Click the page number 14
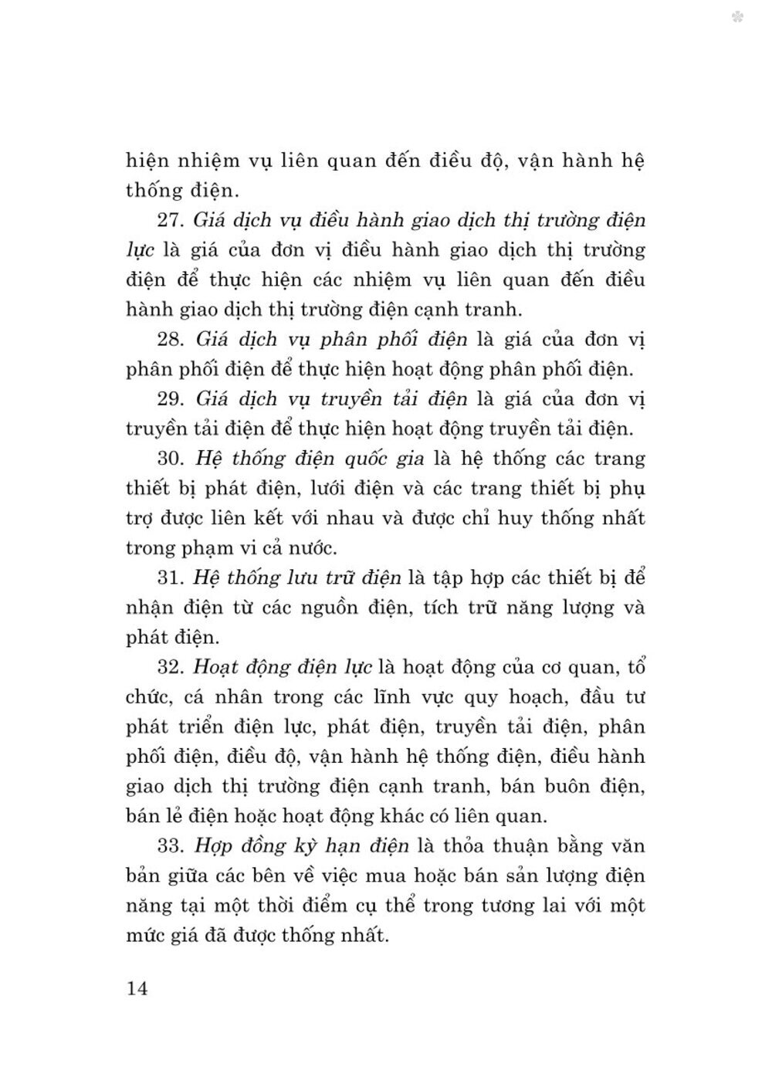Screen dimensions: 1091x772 tap(136, 988)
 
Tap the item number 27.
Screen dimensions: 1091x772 tap(170, 220)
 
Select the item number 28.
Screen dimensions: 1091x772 tap(170, 339)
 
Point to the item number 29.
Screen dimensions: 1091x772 tap(170, 398)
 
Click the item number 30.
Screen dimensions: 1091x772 tap(170, 458)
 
